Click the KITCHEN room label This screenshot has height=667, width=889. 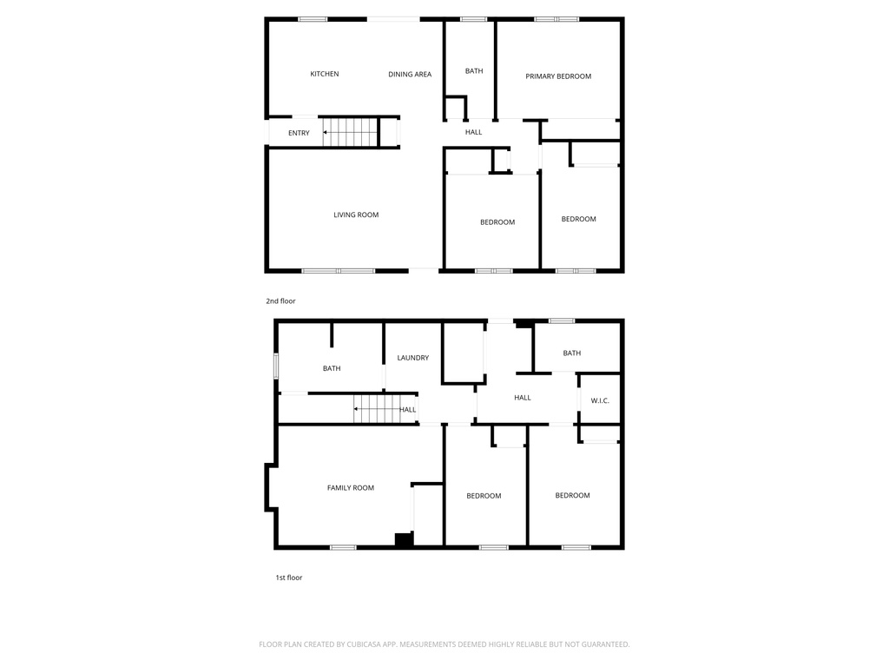pyautogui.click(x=325, y=74)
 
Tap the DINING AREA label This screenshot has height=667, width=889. pyautogui.click(x=410, y=75)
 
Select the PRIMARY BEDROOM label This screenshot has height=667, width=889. pyautogui.click(x=558, y=76)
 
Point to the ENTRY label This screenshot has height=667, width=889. pyautogui.click(x=299, y=133)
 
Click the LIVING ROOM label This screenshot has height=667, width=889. pyautogui.click(x=356, y=215)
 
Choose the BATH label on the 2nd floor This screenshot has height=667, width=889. pyautogui.click(x=474, y=71)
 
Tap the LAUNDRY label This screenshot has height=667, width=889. pyautogui.click(x=413, y=358)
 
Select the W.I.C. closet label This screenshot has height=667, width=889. pyautogui.click(x=600, y=400)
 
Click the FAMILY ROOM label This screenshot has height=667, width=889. pyautogui.click(x=351, y=488)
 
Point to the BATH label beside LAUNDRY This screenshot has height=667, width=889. pyautogui.click(x=332, y=368)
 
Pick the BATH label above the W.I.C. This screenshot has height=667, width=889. pyautogui.click(x=572, y=353)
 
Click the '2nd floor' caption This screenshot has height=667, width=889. pyautogui.click(x=280, y=301)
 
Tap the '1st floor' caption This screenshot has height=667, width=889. pyautogui.click(x=289, y=578)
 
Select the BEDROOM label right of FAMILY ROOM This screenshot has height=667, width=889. pyautogui.click(x=484, y=496)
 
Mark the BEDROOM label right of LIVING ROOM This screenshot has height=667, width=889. pyautogui.click(x=497, y=222)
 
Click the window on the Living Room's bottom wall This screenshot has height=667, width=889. pyautogui.click(x=339, y=271)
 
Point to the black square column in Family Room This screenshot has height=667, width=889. pyautogui.click(x=403, y=539)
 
